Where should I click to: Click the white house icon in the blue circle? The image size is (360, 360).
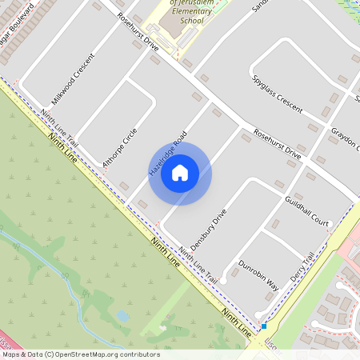180,172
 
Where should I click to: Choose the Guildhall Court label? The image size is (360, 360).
306,209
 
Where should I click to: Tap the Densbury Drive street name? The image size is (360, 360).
209,230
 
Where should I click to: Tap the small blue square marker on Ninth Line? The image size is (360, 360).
263,326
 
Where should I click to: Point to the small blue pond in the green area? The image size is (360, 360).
122,315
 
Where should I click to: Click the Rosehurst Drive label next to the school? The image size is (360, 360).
138,34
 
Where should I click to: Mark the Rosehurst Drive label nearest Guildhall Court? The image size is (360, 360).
277,142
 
